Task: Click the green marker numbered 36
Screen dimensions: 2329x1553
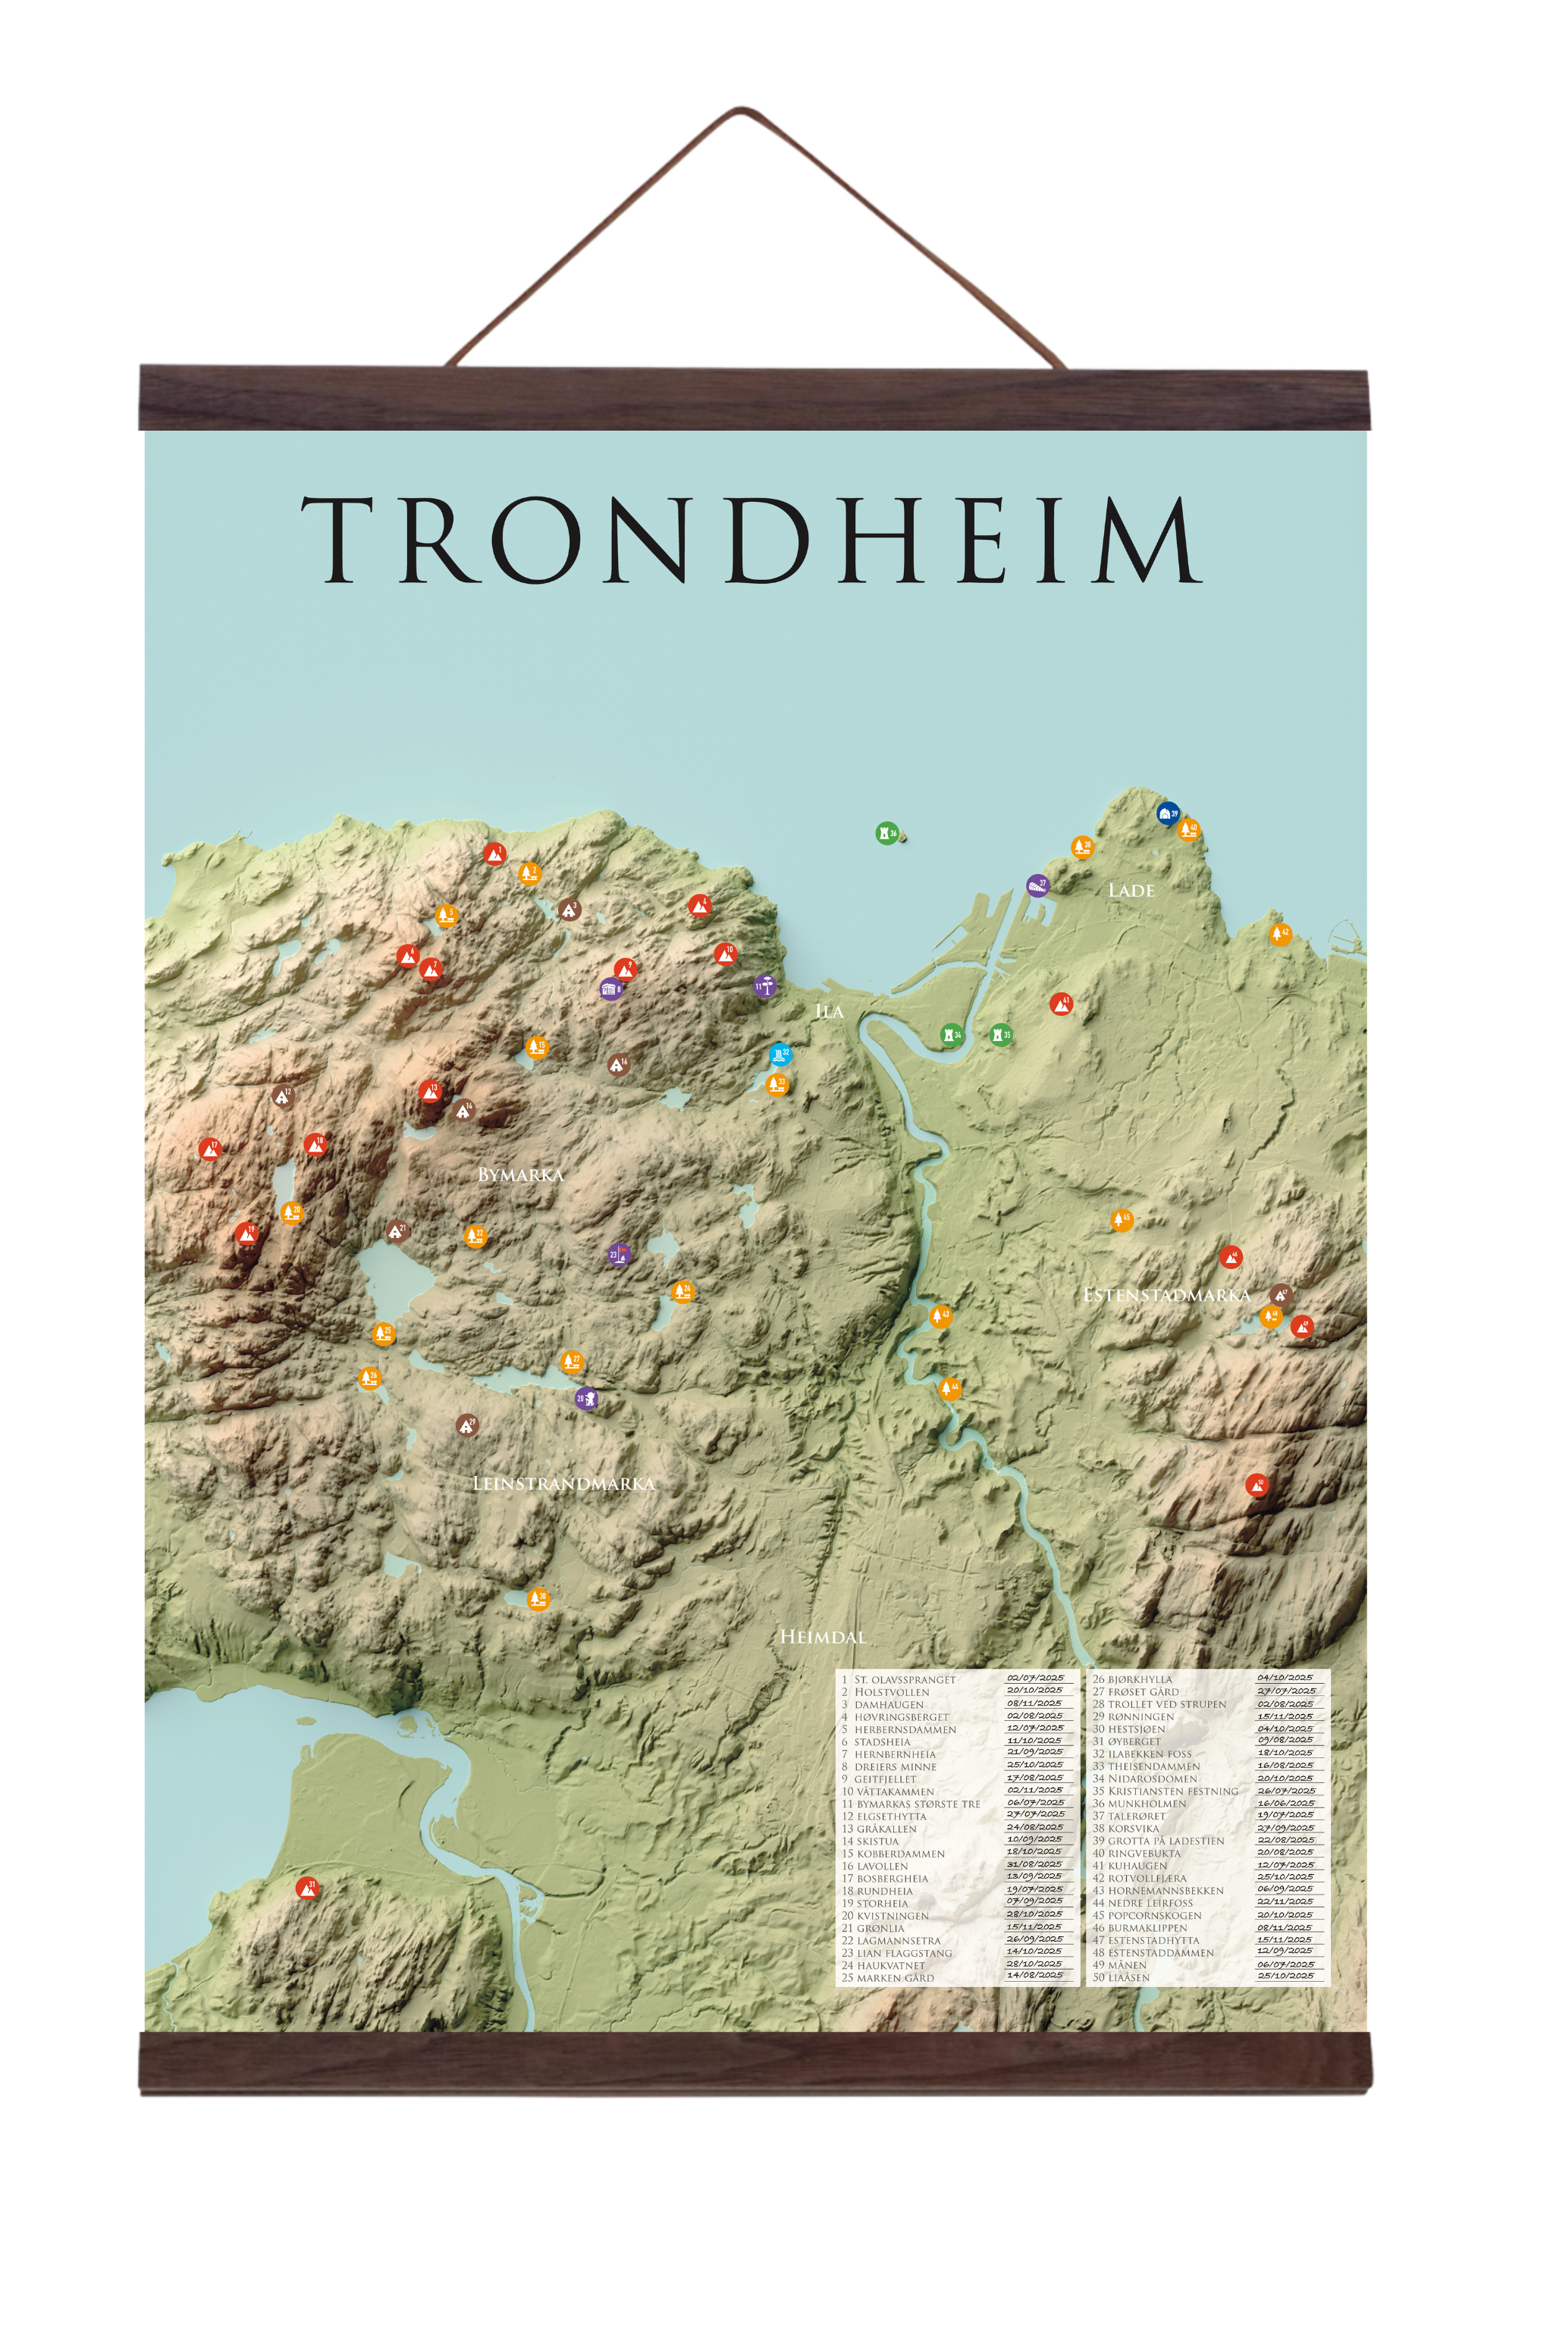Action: [886, 832]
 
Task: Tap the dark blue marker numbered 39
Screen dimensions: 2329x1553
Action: [1168, 813]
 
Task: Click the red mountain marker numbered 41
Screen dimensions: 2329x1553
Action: [1061, 1004]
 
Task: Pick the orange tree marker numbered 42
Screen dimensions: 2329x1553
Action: [1280, 934]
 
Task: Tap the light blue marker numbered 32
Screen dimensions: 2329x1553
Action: [780, 1054]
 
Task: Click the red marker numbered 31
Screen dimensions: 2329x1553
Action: [308, 1889]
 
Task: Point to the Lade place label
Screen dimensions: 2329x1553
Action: [1131, 890]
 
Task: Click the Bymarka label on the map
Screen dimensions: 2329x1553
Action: [520, 1174]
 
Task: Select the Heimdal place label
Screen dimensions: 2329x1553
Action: [823, 1637]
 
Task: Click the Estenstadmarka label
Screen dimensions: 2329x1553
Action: [1166, 1295]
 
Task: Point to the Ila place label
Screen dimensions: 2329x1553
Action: [829, 1011]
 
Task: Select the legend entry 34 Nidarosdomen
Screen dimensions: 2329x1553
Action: [1152, 1779]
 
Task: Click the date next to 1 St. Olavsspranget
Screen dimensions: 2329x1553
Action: [1035, 1679]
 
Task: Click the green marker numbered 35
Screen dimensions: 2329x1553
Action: [1001, 1035]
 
